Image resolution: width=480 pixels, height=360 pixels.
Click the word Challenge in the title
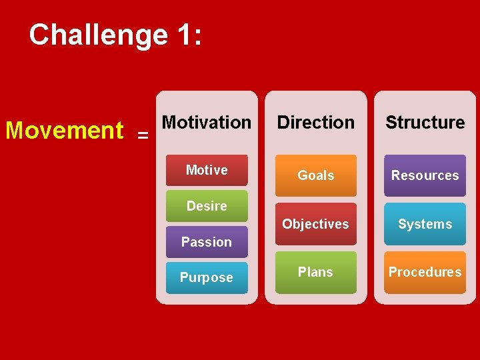coord(98,35)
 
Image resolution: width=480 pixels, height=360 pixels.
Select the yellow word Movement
coord(64,130)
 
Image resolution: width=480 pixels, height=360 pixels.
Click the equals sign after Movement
coord(143,135)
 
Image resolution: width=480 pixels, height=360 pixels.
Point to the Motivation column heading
coord(207,123)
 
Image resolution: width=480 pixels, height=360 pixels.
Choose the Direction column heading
coord(316,123)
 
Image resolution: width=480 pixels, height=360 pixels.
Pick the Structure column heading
coord(425,123)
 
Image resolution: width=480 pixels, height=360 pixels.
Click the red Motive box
coord(207,171)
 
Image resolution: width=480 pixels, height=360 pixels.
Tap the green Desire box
coord(207,206)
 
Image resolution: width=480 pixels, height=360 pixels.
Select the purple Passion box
coord(207,242)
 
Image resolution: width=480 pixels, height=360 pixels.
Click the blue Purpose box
coord(207,277)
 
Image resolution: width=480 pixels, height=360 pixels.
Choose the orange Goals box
coord(316,175)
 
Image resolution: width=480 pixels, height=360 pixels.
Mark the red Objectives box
coord(316,224)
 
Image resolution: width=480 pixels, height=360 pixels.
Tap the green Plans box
coord(316,272)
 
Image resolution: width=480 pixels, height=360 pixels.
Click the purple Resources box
coord(425,175)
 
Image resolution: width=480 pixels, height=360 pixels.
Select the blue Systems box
coord(425,224)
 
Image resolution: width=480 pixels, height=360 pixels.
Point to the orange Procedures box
coord(425,272)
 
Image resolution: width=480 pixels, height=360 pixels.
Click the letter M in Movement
coord(15,130)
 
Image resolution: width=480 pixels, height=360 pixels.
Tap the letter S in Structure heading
coord(391,123)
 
